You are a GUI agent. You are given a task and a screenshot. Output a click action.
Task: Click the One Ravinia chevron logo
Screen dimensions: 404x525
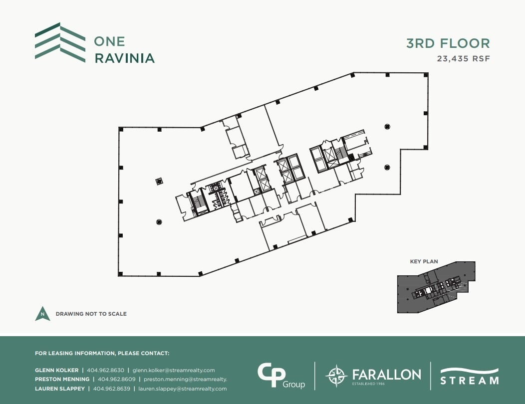[54, 42]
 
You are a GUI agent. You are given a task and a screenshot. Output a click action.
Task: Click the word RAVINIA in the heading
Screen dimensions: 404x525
[124, 58]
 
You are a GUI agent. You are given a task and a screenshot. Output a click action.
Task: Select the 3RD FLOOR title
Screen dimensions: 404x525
[448, 43]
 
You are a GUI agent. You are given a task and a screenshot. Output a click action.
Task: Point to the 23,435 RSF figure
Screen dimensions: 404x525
[464, 58]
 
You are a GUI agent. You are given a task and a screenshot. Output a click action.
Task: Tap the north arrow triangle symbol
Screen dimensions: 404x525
[43, 314]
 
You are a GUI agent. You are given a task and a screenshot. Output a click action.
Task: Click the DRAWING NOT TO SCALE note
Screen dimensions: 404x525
[91, 314]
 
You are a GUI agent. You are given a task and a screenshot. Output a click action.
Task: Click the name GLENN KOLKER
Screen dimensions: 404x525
[56, 370]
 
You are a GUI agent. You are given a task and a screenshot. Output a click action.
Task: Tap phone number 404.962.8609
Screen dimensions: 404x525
[117, 379]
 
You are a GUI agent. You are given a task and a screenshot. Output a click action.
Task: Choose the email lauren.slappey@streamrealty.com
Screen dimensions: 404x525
[183, 389]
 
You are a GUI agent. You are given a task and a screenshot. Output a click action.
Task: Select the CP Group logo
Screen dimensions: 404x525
[280, 376]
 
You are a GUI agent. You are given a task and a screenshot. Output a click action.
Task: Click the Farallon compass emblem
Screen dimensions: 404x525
[336, 376]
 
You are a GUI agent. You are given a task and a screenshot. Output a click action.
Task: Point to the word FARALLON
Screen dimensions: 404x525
[386, 374]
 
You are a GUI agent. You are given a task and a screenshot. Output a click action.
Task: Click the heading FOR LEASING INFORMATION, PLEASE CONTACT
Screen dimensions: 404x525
[102, 353]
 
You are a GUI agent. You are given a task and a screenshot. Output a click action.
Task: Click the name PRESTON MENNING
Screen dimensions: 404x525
[62, 379]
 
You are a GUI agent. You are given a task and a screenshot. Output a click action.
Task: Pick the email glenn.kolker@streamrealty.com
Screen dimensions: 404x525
[174, 370]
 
